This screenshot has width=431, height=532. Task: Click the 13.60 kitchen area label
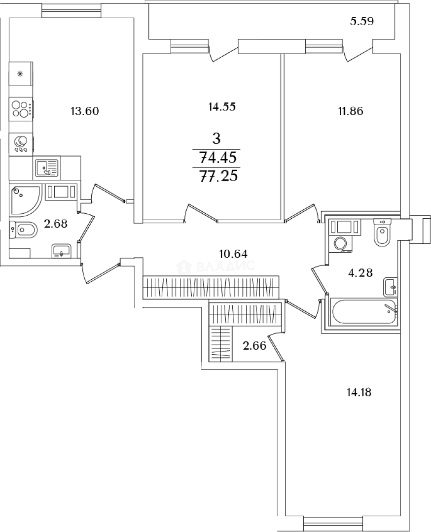[84, 111]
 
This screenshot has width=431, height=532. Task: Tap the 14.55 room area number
[222, 107]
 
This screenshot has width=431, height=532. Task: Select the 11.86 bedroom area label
[351, 111]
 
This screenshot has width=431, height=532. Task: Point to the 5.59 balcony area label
[361, 21]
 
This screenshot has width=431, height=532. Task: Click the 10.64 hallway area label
[234, 254]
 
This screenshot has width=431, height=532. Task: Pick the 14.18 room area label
[359, 393]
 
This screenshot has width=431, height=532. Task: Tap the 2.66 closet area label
[254, 346]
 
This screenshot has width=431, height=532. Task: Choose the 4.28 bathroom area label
[360, 272]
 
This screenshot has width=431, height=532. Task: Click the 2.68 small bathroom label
[56, 224]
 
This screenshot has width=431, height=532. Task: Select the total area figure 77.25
[218, 176]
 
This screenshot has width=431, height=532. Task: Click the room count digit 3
[216, 138]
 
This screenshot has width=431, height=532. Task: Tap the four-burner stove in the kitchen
[21, 109]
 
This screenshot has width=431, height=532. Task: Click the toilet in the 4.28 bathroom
[383, 232]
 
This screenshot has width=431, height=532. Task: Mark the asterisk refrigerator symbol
[20, 73]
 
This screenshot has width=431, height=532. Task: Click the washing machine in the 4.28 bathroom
[340, 242]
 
